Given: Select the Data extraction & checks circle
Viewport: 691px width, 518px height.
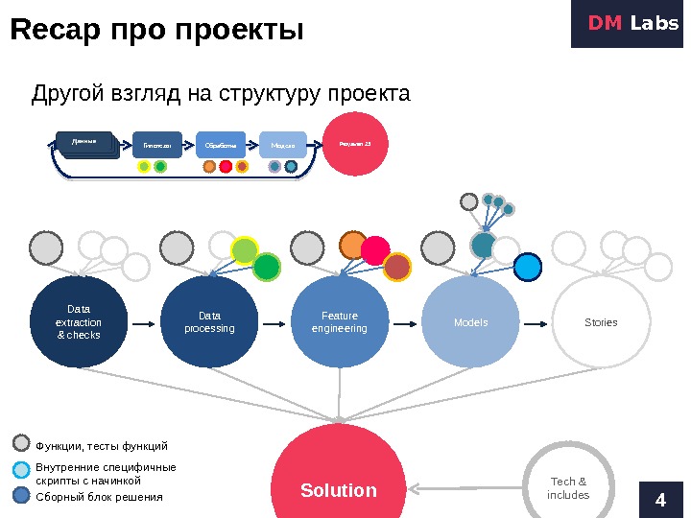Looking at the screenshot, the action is click(x=79, y=322).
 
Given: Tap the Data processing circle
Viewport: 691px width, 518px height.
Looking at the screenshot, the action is click(x=209, y=322).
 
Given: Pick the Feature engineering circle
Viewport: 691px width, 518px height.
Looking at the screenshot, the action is click(x=339, y=322).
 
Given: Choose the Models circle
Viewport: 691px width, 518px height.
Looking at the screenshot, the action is click(x=470, y=322).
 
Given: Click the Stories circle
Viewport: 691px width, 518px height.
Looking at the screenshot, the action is click(x=601, y=322).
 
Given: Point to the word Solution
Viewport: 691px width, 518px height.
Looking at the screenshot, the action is click(x=339, y=490).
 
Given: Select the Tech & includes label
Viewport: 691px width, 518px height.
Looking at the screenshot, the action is click(x=568, y=488).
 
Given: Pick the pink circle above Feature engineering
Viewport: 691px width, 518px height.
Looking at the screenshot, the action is click(x=375, y=250).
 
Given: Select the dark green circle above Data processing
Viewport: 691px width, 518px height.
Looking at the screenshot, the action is click(x=266, y=267).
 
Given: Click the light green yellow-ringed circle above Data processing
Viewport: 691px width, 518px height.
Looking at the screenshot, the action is click(x=245, y=250).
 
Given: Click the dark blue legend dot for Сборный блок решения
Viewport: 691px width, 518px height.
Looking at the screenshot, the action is click(x=22, y=495).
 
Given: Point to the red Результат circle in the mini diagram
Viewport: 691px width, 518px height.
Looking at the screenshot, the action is click(x=356, y=145).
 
